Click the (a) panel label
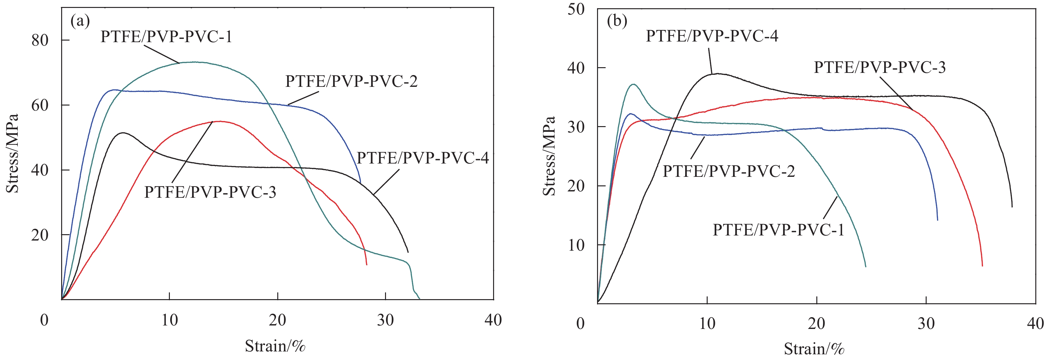[80, 21]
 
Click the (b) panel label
[617, 21]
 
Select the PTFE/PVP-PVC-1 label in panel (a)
[166, 37]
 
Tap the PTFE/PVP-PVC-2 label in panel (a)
[351, 81]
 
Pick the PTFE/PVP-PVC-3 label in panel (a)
[210, 192]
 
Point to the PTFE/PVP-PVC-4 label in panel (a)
[423, 158]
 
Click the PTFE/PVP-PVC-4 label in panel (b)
[712, 36]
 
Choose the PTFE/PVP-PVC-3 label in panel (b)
[880, 67]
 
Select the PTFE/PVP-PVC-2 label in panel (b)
[729, 171]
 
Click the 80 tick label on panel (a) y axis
[40, 40]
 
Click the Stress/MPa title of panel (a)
[13, 153]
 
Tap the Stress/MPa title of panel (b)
[549, 156]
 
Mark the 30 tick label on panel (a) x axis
[385, 320]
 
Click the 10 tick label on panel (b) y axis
[576, 245]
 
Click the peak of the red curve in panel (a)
[220, 121]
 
